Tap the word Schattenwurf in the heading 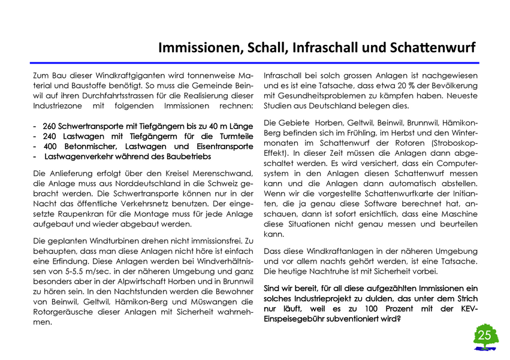[x=432, y=48]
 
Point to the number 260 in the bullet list [x=50, y=127]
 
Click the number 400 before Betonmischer [x=51, y=146]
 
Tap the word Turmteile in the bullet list [x=236, y=137]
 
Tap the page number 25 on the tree [x=484, y=334]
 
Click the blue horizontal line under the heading [x=254, y=63]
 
